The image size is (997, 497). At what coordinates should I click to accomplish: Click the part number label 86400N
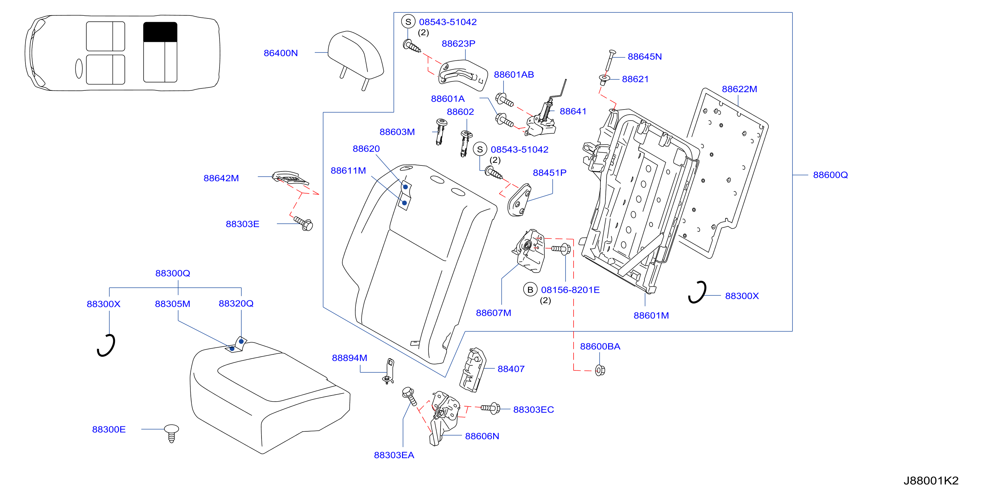click(x=281, y=53)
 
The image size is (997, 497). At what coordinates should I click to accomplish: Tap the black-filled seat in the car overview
click(x=160, y=32)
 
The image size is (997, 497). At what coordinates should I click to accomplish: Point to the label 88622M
click(x=739, y=89)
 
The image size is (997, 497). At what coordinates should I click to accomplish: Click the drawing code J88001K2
click(x=931, y=480)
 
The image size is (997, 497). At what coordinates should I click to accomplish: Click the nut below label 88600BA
click(x=600, y=370)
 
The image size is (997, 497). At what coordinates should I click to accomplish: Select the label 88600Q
click(x=830, y=175)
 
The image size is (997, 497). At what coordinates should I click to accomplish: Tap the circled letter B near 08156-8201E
click(x=530, y=290)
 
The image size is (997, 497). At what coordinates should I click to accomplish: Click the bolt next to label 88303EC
click(x=490, y=408)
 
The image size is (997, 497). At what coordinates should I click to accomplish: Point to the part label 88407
click(x=511, y=369)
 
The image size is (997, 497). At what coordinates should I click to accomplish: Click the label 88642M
click(x=221, y=178)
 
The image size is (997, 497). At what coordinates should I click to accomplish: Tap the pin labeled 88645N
click(x=609, y=61)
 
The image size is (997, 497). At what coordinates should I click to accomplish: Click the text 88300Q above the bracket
click(x=173, y=273)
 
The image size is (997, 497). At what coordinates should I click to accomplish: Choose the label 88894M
click(x=350, y=358)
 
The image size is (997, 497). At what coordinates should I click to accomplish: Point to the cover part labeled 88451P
click(x=519, y=200)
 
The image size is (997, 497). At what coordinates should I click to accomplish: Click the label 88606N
click(x=482, y=436)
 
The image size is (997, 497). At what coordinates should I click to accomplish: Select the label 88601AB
click(x=514, y=75)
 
